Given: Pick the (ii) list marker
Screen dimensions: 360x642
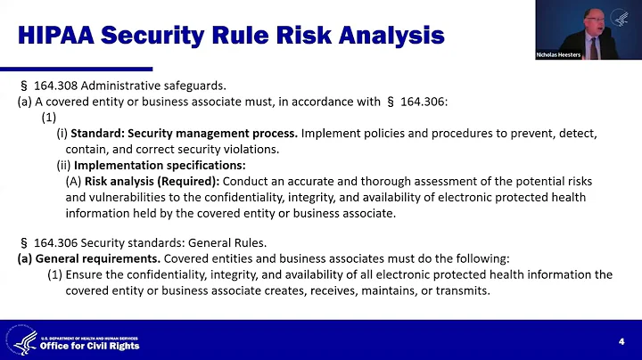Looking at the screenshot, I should pyautogui.click(x=63, y=166).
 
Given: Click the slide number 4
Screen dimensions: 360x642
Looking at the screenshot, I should pyautogui.click(x=621, y=342).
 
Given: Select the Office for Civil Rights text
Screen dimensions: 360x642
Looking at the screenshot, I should pyautogui.click(x=90, y=347).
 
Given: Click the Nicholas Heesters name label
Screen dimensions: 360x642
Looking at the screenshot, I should pyautogui.click(x=560, y=55).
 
